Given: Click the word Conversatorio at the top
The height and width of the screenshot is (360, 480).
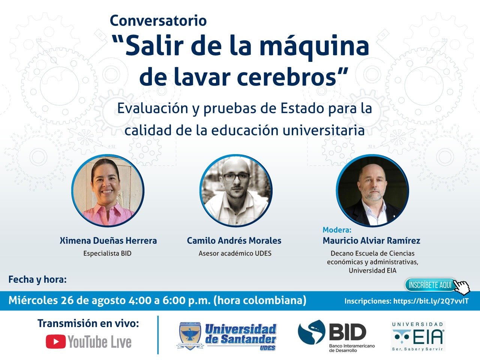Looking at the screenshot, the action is pyautogui.click(x=158, y=21).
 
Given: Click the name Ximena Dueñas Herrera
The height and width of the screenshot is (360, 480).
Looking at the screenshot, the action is pyautogui.click(x=108, y=241).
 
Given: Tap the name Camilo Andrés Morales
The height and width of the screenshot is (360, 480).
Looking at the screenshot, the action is pyautogui.click(x=234, y=241).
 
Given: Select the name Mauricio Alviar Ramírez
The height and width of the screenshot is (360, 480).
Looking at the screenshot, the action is pyautogui.click(x=371, y=241).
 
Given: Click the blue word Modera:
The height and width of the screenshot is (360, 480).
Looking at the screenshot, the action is pyautogui.click(x=337, y=230).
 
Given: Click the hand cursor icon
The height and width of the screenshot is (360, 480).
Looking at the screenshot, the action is pyautogui.click(x=462, y=287).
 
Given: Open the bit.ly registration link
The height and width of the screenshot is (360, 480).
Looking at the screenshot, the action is pyautogui.click(x=431, y=301).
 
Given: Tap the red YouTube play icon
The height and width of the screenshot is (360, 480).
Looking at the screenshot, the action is pyautogui.click(x=55, y=341).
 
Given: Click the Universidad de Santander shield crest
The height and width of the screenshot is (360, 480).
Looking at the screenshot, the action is pyautogui.click(x=190, y=336).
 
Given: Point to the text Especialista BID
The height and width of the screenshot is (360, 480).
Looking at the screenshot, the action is pyautogui.click(x=107, y=253).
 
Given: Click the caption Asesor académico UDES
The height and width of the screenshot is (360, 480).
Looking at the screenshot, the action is pyautogui.click(x=235, y=253).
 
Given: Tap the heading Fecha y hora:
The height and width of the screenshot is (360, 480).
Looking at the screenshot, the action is pyautogui.click(x=37, y=280).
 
